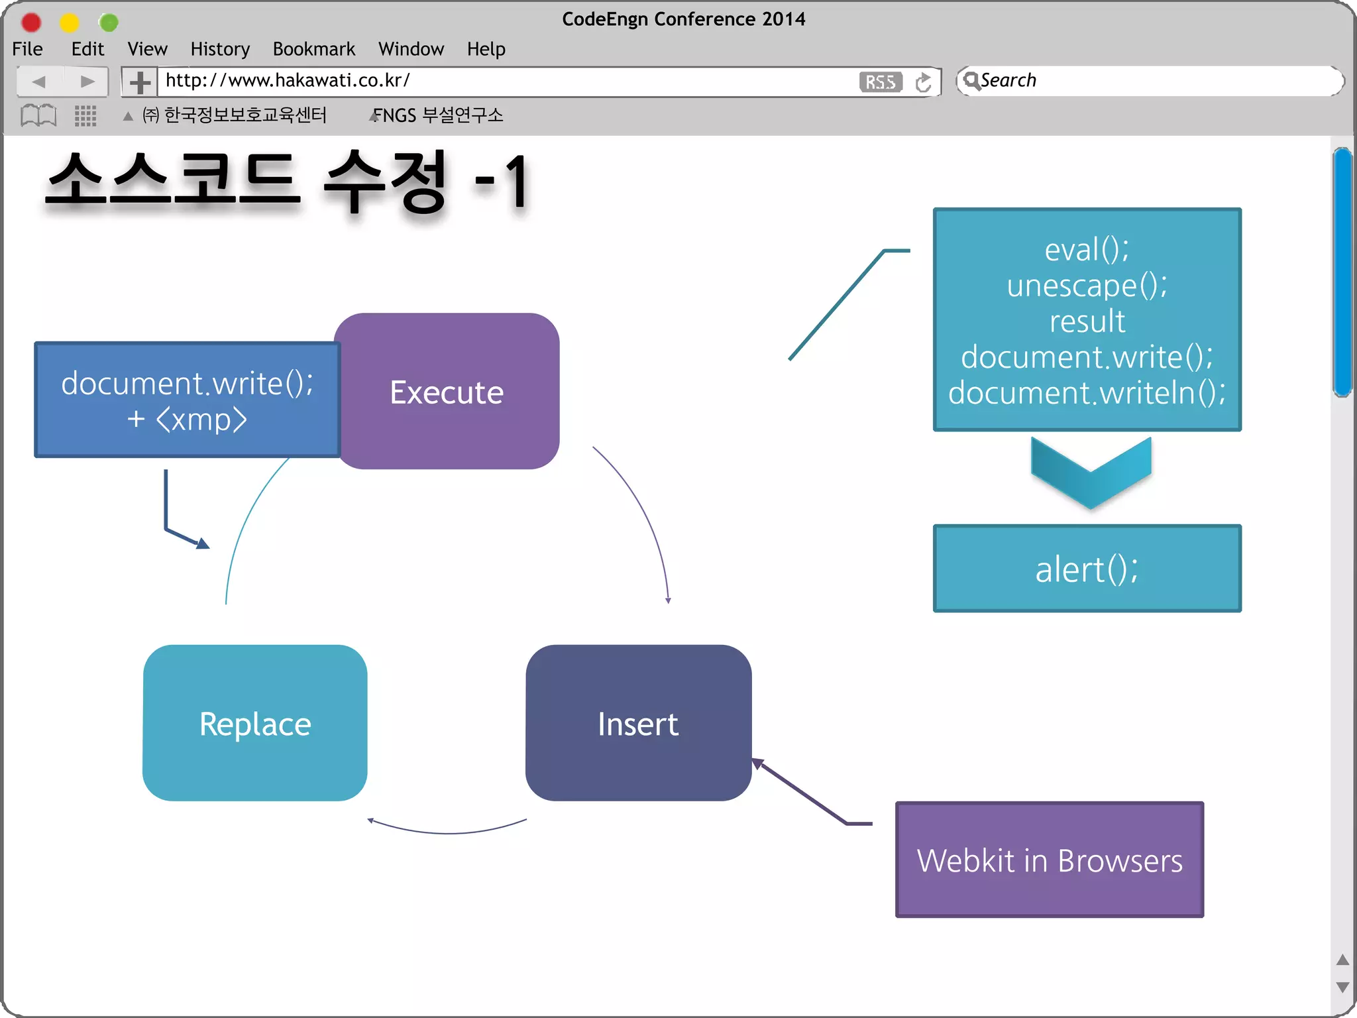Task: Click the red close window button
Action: [x=31, y=23]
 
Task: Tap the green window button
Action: [x=108, y=23]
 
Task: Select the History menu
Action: [x=220, y=49]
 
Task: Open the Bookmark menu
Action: [x=313, y=49]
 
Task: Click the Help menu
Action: [x=486, y=49]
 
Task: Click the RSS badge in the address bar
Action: [x=880, y=82]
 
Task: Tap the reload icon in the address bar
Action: [x=923, y=82]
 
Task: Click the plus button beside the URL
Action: [x=139, y=82]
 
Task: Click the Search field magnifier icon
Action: [x=971, y=80]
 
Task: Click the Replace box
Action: [x=255, y=723]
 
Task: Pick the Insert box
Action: [x=638, y=723]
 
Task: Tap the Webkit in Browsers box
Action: [x=1050, y=860]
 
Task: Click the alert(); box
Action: [x=1087, y=569]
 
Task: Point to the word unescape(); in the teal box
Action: [x=1087, y=286]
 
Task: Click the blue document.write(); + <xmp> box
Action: [x=187, y=400]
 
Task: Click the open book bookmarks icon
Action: [x=38, y=115]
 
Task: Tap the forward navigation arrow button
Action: [x=87, y=82]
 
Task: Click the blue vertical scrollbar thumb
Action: [x=1342, y=272]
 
